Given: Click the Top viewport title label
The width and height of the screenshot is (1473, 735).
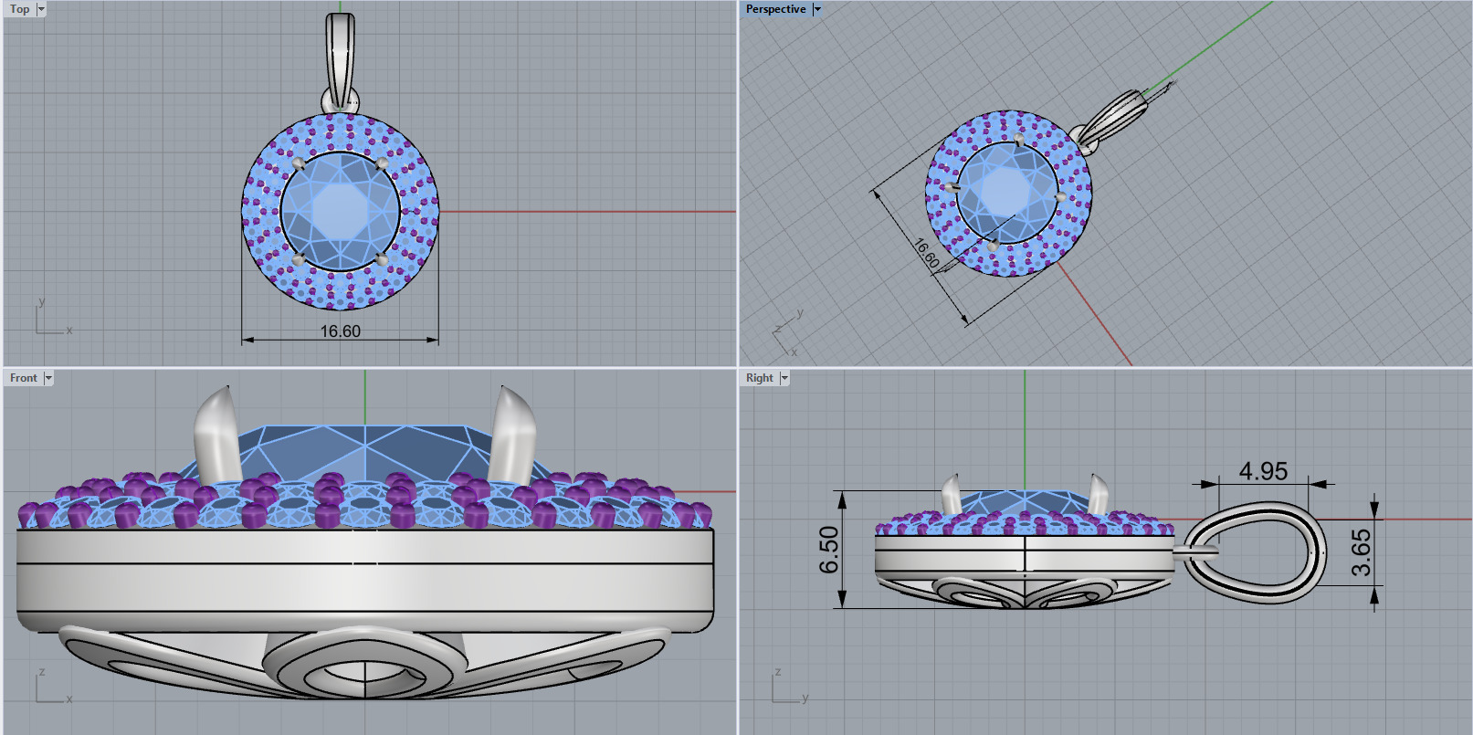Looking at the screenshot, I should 19,9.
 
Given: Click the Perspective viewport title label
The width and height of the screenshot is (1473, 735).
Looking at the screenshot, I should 774,9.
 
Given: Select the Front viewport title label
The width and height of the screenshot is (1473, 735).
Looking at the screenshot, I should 23,378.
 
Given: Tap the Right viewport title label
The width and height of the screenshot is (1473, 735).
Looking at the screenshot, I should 759,378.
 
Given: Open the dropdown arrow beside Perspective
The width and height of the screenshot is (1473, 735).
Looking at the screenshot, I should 817,9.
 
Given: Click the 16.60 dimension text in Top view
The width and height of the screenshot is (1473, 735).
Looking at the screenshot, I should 340,331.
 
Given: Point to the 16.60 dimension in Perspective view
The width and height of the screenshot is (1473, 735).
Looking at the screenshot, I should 926,254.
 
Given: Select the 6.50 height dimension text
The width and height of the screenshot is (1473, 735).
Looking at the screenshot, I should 828,550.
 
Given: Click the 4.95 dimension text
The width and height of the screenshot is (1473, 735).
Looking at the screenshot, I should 1263,471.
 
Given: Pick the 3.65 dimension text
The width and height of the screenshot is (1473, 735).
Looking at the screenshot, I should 1361,552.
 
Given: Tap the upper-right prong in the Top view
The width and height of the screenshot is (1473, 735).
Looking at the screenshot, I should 382,163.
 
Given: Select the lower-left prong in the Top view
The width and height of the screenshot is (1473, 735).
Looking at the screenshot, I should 299,260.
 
